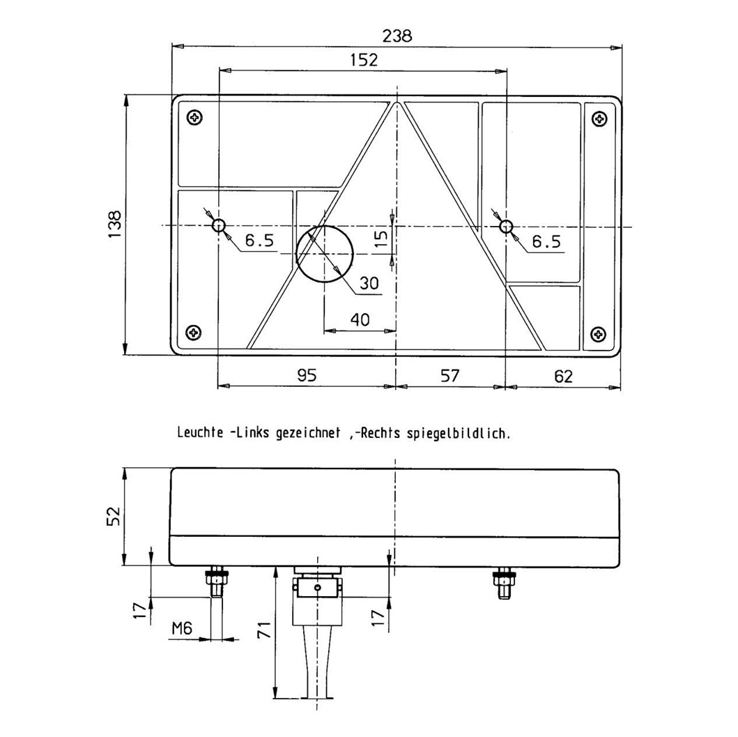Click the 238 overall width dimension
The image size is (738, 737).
[x=397, y=36]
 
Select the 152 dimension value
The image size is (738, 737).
[x=364, y=60]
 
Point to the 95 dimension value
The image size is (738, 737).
[x=307, y=375]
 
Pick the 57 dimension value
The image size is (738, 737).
[x=450, y=375]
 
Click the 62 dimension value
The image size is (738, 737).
[x=563, y=376]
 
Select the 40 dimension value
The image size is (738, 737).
[x=360, y=320]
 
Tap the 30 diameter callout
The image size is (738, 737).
[x=369, y=283]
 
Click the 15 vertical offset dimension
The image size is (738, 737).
[x=382, y=238]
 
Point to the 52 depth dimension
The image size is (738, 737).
[x=114, y=516]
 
